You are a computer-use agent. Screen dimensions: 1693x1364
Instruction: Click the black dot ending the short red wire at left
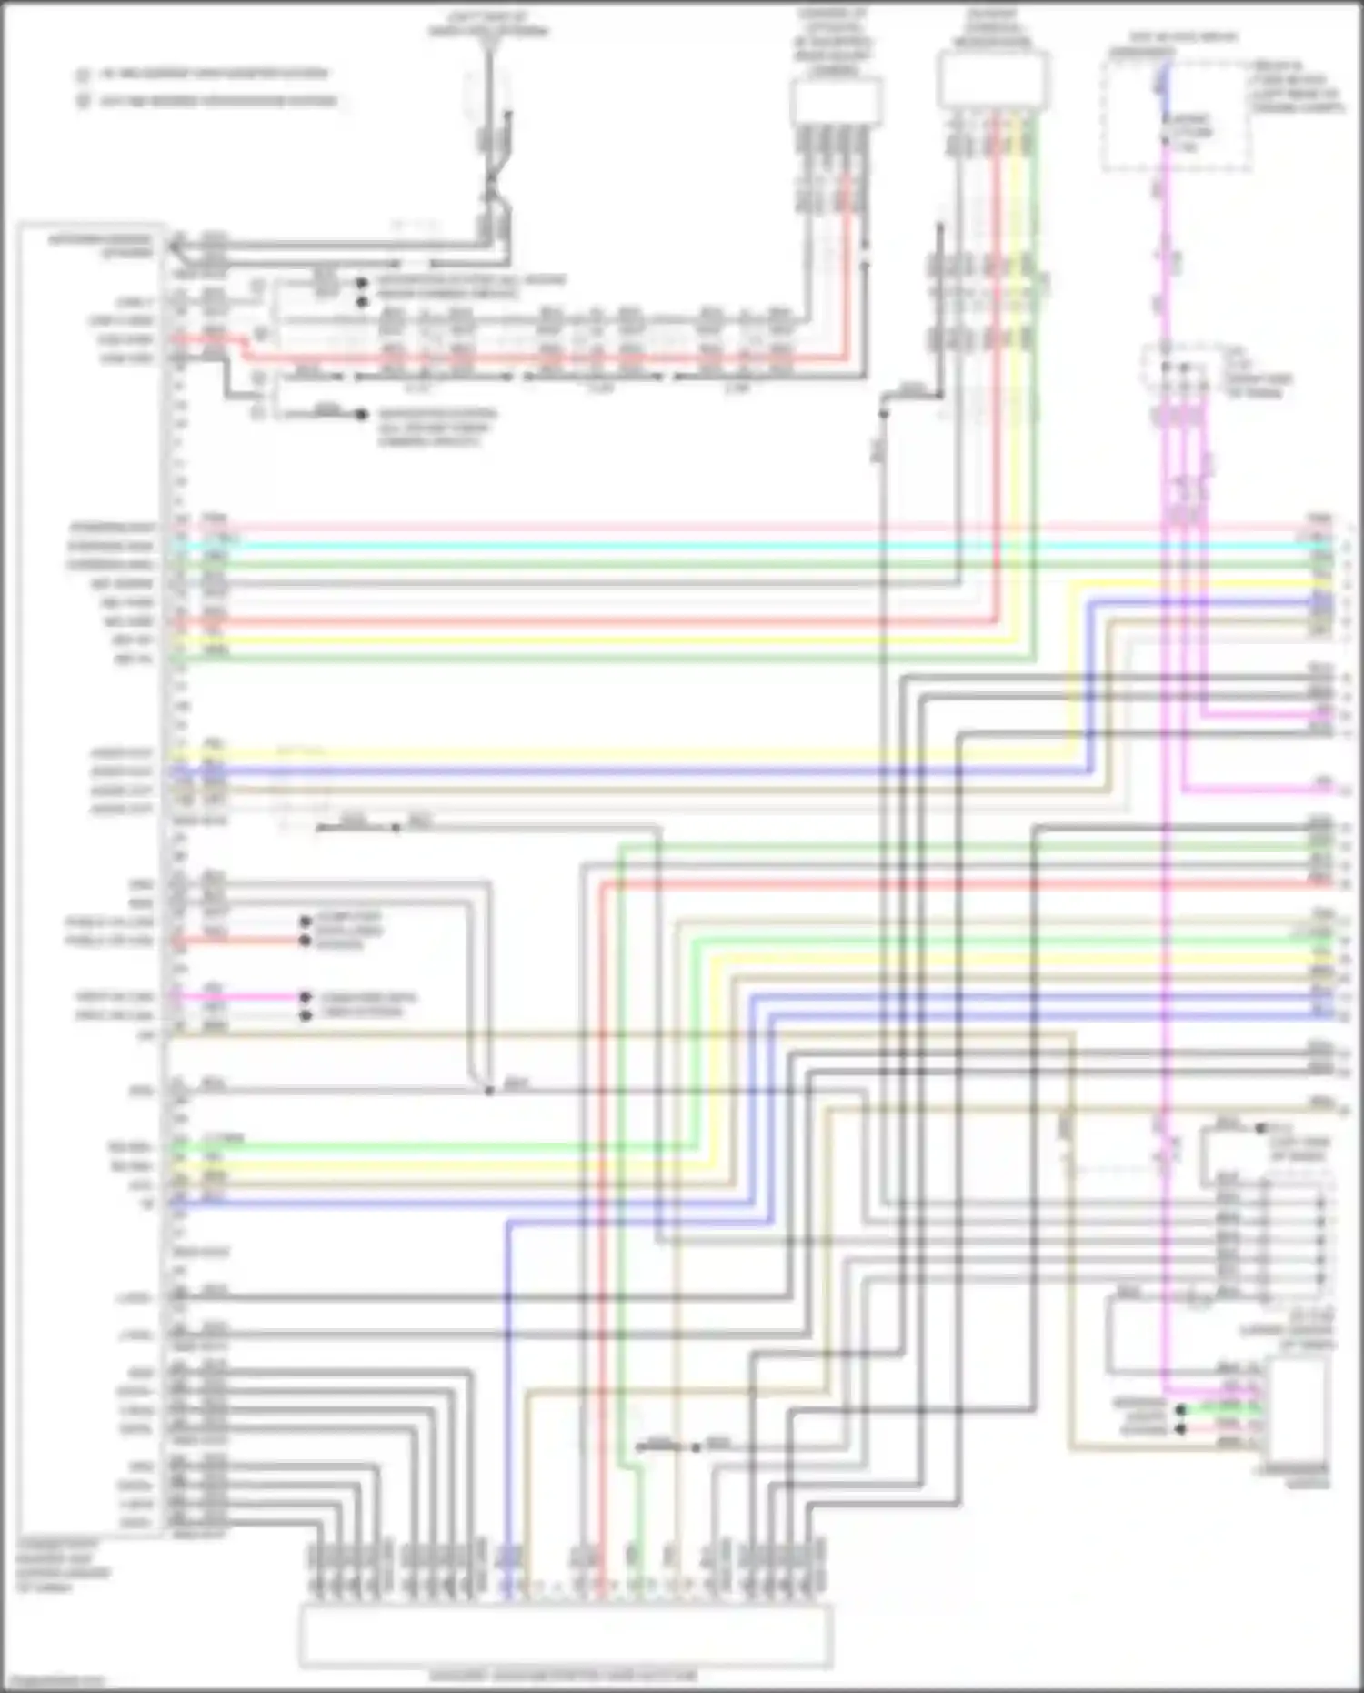(306, 940)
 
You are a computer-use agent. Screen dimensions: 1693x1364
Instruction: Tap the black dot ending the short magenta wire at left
(306, 997)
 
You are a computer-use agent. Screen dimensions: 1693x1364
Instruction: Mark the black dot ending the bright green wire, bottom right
(1181, 1409)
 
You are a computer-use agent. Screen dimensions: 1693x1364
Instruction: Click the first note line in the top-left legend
(214, 73)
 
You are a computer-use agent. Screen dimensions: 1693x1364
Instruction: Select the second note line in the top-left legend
(218, 101)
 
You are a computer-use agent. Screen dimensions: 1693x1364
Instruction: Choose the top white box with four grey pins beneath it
(836, 101)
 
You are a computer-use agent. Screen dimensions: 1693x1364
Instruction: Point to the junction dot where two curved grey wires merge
(489, 1090)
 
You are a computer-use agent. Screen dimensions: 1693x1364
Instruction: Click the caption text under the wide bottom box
(564, 1676)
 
